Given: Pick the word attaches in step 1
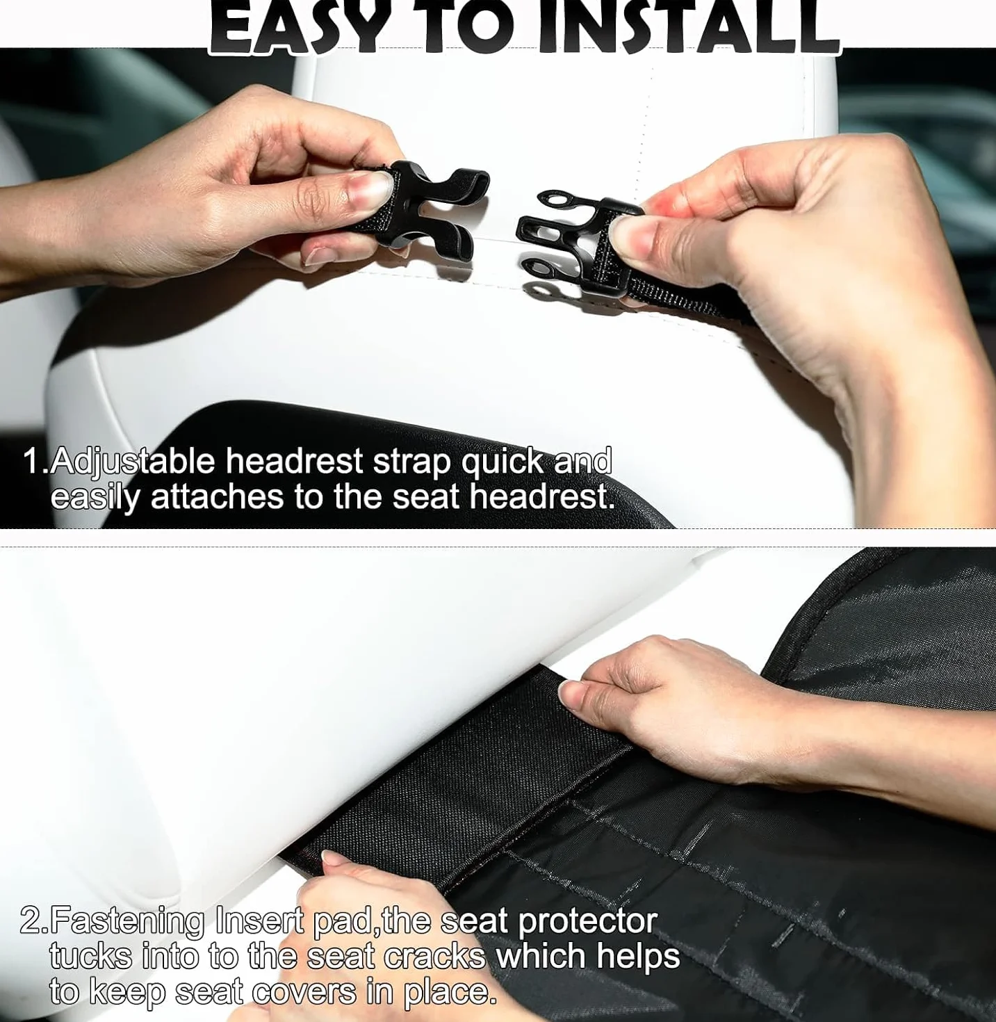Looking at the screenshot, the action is point(217,497).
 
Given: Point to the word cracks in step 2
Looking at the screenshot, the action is point(435,957).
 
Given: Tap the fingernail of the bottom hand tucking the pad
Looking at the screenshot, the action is point(331,860).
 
